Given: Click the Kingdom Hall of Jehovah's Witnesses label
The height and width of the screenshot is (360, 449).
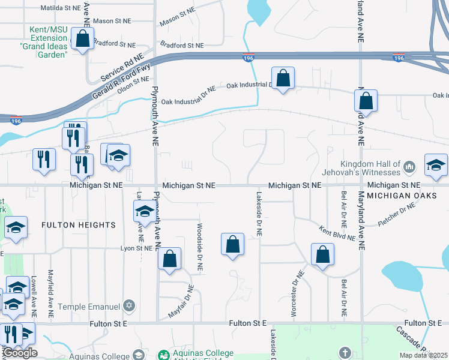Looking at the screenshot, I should pos(370,169).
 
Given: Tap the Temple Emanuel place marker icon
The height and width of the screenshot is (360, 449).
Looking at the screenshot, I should pos(128,307).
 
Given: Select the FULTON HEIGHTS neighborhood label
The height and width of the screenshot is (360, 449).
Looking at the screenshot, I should pos(78,225).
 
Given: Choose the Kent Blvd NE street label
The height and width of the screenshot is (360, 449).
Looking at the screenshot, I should pos(337,232).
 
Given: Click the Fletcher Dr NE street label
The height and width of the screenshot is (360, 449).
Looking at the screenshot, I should pos(397,215).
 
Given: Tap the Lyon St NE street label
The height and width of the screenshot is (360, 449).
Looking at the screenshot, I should pos(136,248).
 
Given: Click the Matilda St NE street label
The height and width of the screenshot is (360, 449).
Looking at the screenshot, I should pos(60,8).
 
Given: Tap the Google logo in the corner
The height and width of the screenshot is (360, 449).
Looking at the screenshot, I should pos(20,353).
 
